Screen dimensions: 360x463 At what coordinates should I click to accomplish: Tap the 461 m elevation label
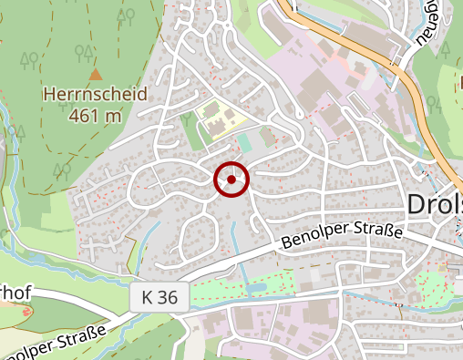[95, 115]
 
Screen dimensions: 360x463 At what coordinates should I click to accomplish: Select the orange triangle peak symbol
[96, 73]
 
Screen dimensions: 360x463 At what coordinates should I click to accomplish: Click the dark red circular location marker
[231, 180]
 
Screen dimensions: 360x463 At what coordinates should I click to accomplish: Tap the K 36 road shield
[165, 296]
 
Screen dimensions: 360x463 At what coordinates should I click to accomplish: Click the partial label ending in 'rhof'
[15, 295]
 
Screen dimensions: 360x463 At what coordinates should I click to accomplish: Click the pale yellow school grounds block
[219, 118]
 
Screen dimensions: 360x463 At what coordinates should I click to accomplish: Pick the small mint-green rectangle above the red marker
[245, 144]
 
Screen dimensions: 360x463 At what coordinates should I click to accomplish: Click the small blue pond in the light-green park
[257, 288]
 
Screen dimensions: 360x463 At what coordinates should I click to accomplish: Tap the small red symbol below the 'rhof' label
[26, 313]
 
